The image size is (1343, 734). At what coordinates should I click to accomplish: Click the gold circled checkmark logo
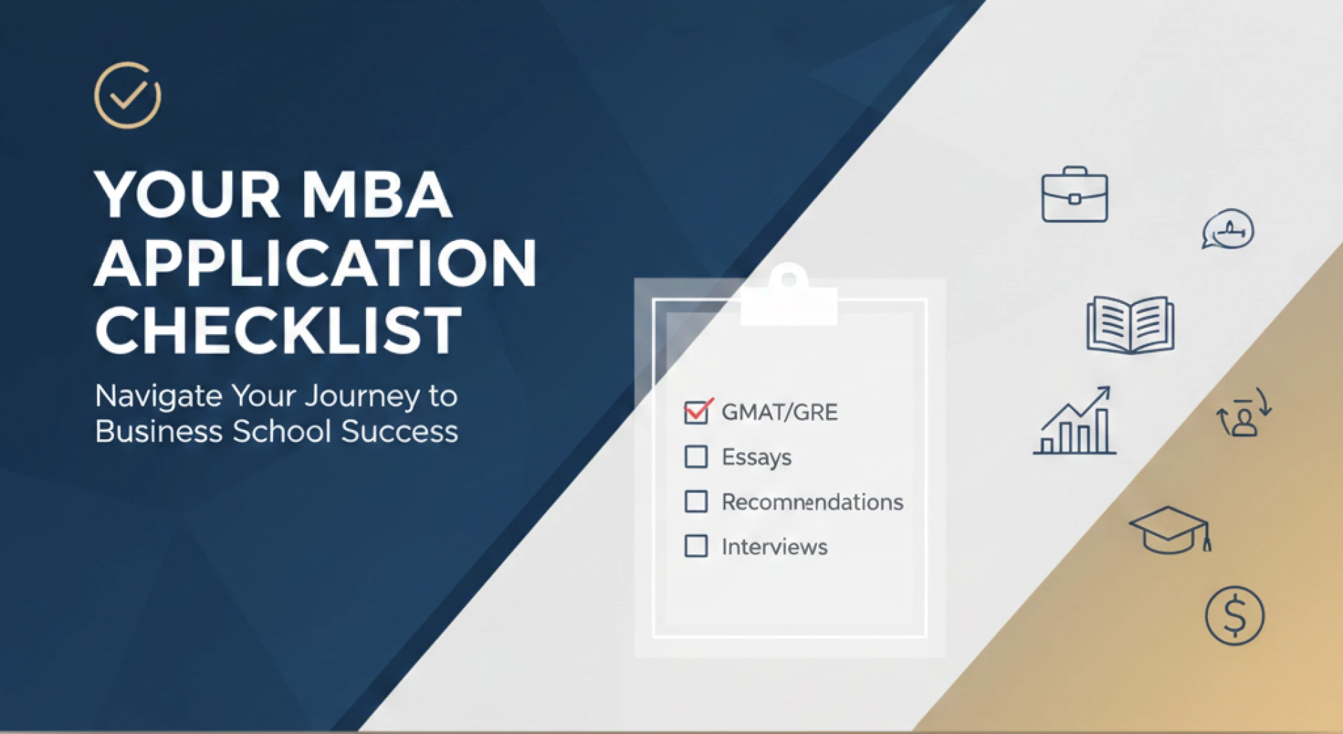point(127,96)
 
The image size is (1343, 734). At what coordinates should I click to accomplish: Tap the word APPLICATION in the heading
point(315,264)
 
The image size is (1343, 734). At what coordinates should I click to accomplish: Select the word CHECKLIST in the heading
point(278,331)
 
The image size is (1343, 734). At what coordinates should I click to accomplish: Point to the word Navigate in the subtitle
point(159,396)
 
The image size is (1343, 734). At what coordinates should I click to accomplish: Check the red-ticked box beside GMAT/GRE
point(697,412)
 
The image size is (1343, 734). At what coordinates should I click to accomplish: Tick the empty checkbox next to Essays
point(696,456)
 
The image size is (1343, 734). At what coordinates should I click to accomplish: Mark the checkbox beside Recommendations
point(696,501)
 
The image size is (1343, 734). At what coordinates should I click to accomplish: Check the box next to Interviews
point(696,546)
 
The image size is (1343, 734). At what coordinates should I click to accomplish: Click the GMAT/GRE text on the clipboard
point(779,412)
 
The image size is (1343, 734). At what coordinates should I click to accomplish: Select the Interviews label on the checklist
point(774,547)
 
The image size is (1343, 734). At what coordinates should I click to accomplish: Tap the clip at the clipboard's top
point(789,297)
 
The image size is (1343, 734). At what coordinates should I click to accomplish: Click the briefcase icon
point(1074,195)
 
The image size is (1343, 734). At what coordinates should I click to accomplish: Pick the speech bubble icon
point(1228,229)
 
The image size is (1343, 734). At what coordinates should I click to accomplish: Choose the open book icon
point(1130,325)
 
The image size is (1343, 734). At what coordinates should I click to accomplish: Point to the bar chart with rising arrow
point(1075,422)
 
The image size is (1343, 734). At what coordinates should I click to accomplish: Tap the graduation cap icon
point(1170,530)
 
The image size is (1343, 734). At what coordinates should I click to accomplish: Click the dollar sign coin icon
point(1235,616)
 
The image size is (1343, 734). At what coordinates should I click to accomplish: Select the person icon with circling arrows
point(1244,415)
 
